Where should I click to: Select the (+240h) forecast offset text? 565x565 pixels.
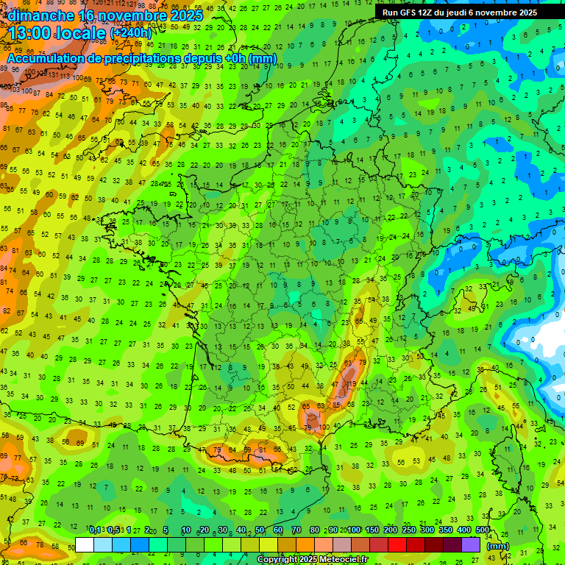(132, 32)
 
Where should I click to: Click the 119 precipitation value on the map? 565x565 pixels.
(352, 383)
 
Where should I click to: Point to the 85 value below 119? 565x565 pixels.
(336, 404)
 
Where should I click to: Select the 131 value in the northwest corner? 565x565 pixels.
(53, 75)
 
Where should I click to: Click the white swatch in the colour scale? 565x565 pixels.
(85, 544)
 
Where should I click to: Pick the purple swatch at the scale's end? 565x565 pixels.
(471, 544)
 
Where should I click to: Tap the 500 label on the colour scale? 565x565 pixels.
(482, 530)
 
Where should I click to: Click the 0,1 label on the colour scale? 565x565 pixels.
(95, 530)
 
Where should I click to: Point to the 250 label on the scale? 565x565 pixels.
(408, 530)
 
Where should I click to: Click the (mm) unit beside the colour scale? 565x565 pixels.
(498, 546)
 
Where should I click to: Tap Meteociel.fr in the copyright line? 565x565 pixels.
(344, 560)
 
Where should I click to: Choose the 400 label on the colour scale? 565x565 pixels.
(463, 530)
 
